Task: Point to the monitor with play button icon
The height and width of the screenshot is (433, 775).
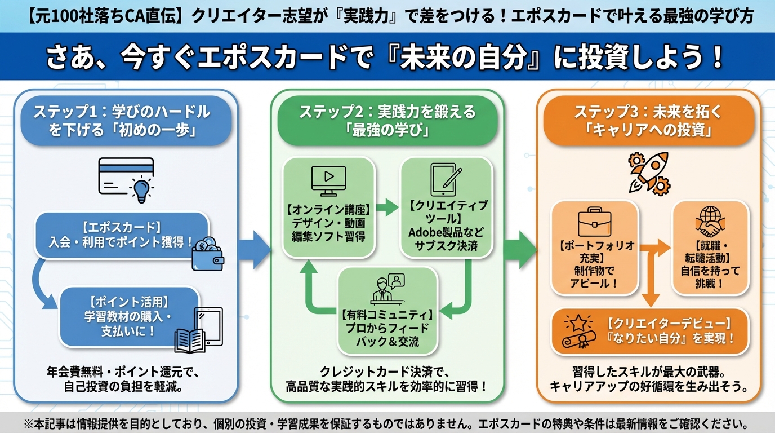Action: coord(328,182)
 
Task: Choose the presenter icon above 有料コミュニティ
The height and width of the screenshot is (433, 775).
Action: coord(388,289)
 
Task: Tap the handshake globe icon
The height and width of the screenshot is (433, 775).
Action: coord(709,222)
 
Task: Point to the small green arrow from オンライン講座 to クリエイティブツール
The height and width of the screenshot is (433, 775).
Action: coord(387,207)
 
